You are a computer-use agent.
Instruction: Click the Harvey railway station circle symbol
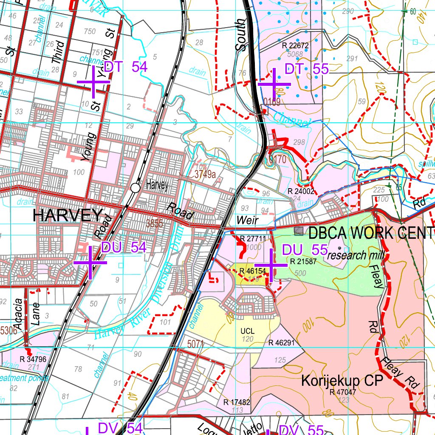tap(136, 187)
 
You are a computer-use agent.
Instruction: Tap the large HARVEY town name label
tap(68, 216)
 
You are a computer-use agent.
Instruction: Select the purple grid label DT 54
tap(125, 67)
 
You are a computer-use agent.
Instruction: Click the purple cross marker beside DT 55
tap(274, 84)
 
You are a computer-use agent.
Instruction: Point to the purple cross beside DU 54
tap(90, 263)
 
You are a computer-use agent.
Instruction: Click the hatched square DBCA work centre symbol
tap(299, 231)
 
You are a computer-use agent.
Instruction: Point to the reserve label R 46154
tap(252, 271)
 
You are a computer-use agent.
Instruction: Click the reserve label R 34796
tap(33, 359)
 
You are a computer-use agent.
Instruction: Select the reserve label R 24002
tap(301, 191)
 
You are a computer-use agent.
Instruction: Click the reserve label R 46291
tap(281, 342)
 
